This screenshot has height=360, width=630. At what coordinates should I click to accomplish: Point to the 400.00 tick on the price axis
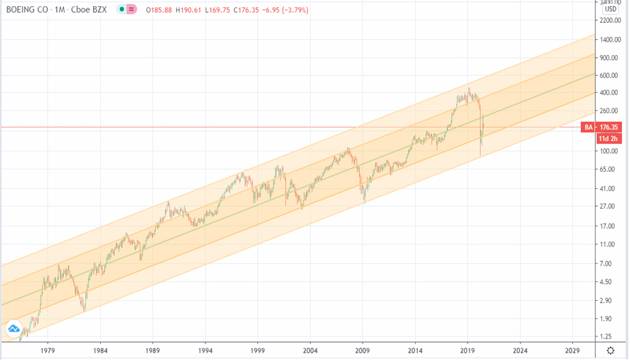609,92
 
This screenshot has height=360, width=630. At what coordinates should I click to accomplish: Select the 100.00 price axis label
609,151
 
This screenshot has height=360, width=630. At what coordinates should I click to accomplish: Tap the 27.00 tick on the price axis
609,206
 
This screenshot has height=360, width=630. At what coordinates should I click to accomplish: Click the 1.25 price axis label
609,336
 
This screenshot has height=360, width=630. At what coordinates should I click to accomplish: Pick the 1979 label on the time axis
48,351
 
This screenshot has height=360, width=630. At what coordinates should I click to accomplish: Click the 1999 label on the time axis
257,351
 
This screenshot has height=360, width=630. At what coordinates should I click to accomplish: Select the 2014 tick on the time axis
415,351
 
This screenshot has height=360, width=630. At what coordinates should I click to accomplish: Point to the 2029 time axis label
573,351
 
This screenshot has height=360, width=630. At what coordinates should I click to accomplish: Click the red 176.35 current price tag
610,127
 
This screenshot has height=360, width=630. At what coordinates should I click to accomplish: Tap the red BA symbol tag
588,127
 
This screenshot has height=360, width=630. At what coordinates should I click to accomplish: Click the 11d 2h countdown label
609,139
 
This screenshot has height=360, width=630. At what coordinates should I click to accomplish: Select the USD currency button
610,9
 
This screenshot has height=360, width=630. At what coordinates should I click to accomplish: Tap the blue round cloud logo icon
14,329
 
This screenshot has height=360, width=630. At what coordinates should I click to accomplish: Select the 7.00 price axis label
609,263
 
